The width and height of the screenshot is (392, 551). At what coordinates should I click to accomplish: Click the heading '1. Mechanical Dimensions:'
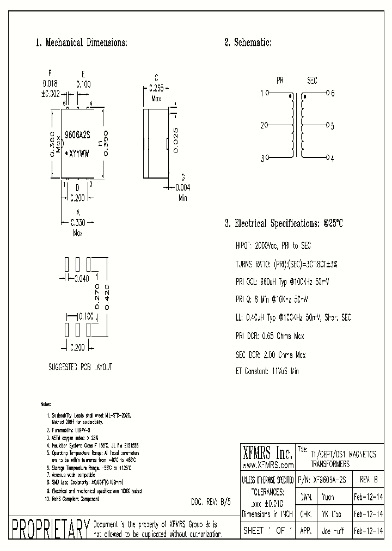[x=81, y=42]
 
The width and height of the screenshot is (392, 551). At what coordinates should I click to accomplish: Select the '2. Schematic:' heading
[x=248, y=42]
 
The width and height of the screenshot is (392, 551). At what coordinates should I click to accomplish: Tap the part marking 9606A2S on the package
[x=77, y=134]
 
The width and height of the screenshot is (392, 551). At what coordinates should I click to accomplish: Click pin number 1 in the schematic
[x=262, y=93]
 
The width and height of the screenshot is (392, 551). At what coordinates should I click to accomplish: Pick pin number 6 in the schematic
[x=333, y=93]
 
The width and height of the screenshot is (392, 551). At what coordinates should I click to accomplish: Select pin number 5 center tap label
[x=333, y=126]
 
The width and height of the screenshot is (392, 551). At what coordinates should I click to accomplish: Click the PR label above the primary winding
[x=280, y=81]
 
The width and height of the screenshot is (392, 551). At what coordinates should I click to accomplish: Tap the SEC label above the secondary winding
[x=312, y=81]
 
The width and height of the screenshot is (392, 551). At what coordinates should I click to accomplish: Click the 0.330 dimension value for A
[x=78, y=222]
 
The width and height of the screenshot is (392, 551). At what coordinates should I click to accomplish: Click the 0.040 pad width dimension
[x=81, y=279]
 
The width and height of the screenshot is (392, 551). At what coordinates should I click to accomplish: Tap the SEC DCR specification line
[x=271, y=355]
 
